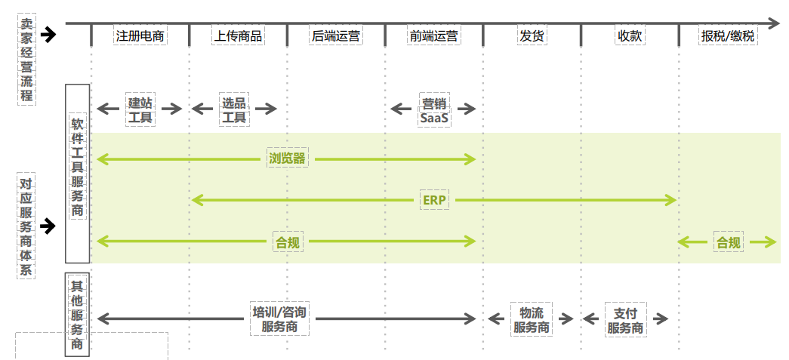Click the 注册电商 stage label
pos(140,35)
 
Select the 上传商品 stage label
pos(239,35)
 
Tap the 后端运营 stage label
pos(336,35)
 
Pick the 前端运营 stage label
pos(434,35)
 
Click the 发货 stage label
pos(532,35)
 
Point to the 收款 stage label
pos(630,35)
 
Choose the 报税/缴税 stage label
pos(727,35)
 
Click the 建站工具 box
pos(140,109)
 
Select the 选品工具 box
pos(234,109)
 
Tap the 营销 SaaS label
pos(434,110)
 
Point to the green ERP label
pos(434,200)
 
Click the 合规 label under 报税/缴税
pos(729,242)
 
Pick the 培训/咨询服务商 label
pos(279,319)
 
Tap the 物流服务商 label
pos(532,319)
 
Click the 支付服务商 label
pos(626,319)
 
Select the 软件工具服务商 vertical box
pos(77,166)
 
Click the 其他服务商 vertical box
pos(77,314)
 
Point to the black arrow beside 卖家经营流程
pos(49,35)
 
